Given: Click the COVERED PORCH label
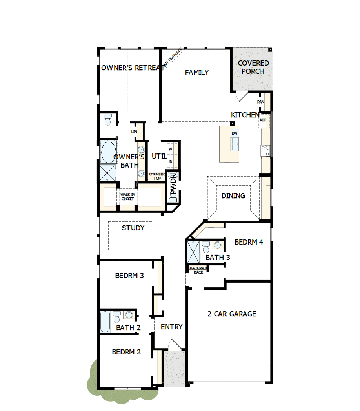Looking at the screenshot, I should point(253,67).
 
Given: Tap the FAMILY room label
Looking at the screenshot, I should point(197,73).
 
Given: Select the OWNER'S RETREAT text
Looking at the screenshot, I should point(133,68).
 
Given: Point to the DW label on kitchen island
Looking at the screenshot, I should point(235,133).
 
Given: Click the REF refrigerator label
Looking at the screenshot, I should point(263,120).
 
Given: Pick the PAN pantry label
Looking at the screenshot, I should point(261,102).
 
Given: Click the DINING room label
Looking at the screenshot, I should point(233,195).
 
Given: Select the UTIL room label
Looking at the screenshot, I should point(159,156).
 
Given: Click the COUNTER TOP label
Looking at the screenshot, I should point(157,176).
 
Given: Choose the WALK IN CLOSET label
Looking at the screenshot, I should point(127,197).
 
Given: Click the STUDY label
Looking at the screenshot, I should point(133,228).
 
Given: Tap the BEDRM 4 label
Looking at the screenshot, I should point(249,242).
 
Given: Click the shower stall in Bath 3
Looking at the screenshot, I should point(194,252).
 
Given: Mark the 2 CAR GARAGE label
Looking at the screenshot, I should point(232,314).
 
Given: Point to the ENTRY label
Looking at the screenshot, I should point(172,327).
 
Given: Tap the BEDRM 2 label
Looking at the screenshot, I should point(126,352).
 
